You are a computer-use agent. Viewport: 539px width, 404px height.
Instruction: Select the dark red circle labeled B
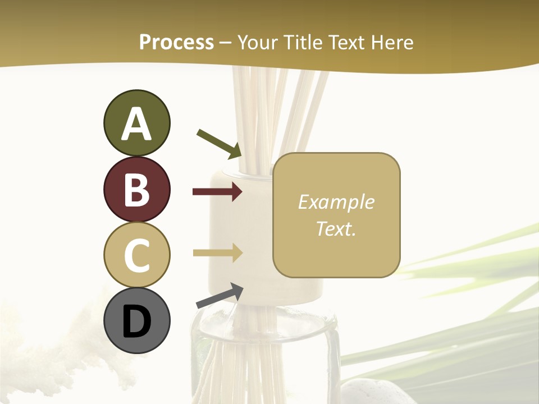tap(136, 189)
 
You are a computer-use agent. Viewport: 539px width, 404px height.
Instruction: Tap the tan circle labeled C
tap(136, 255)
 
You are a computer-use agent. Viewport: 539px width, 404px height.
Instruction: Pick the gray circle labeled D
tap(136, 320)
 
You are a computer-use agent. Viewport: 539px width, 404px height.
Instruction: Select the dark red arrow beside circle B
tap(217, 192)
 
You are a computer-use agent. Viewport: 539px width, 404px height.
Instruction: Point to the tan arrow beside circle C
tap(217, 253)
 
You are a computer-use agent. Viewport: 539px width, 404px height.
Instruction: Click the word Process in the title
tap(176, 42)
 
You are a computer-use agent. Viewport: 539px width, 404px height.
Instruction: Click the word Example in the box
tap(336, 202)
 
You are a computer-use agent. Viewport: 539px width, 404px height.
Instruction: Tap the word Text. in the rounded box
tap(336, 228)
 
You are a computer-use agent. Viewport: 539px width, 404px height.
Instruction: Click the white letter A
tap(136, 124)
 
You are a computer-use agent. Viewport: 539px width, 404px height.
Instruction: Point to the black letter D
tap(136, 322)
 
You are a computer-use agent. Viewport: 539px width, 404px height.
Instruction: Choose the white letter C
tap(136, 255)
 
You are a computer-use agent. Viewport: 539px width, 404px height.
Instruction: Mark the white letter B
tap(136, 190)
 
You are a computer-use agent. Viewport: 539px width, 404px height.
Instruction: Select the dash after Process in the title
tap(226, 43)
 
